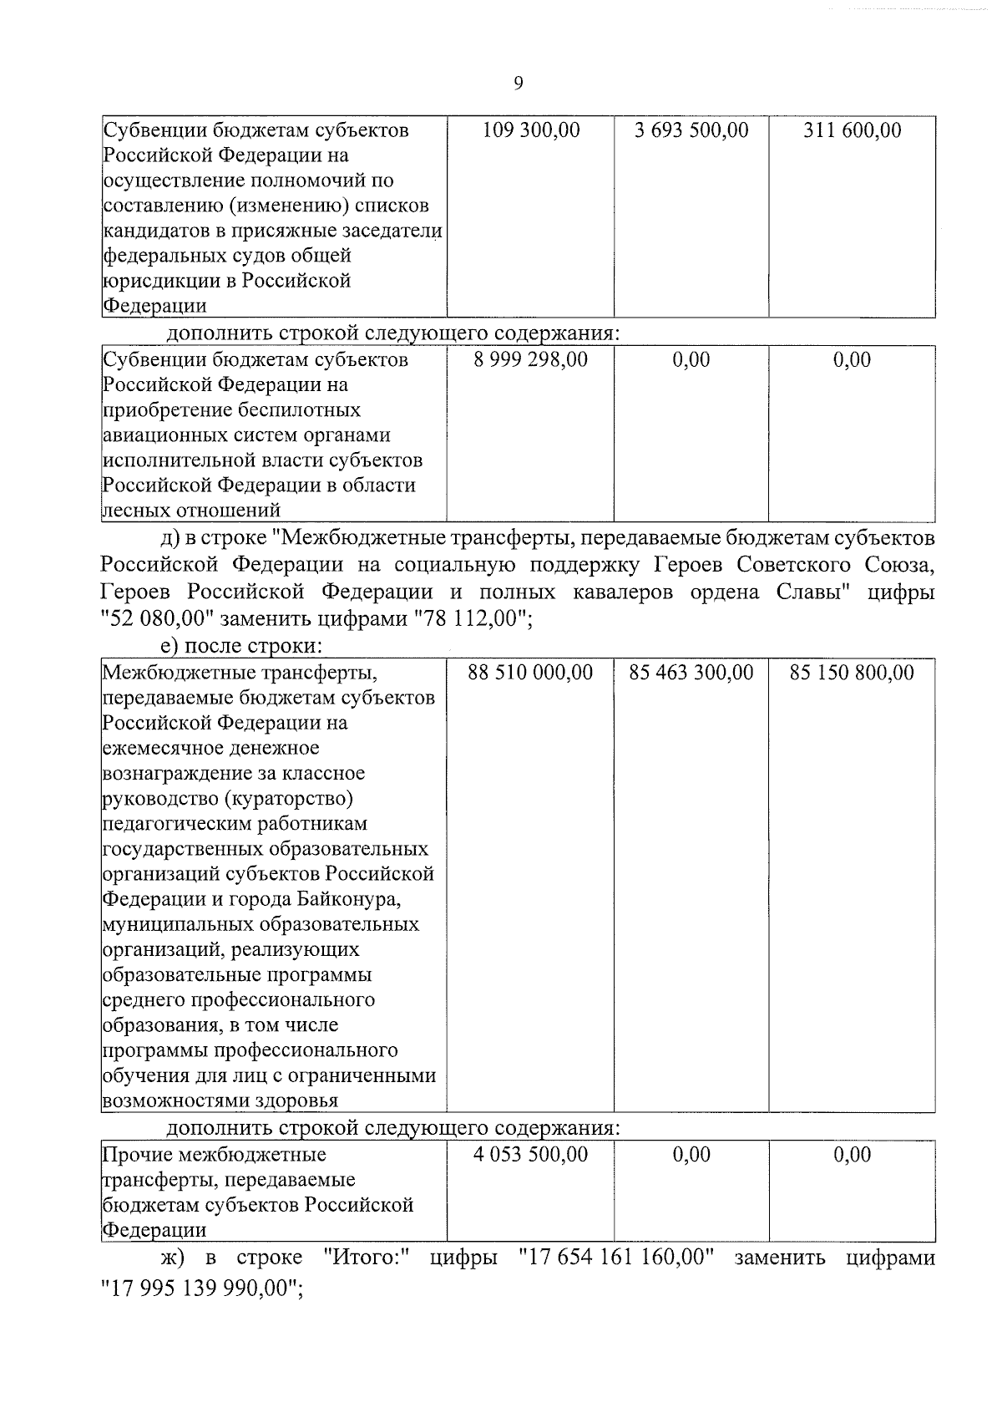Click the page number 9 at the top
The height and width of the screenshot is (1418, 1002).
click(x=518, y=82)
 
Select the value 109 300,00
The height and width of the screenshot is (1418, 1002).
click(x=531, y=130)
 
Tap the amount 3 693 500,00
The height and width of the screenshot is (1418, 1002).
click(x=691, y=130)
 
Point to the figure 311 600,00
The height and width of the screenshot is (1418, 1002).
click(x=852, y=130)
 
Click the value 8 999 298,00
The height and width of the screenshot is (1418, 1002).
click(x=531, y=360)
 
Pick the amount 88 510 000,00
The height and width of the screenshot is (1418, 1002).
click(x=531, y=673)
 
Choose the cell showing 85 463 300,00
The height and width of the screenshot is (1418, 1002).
click(x=691, y=673)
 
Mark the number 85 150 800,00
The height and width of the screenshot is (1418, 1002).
click(x=852, y=673)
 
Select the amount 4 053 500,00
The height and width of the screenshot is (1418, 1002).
click(x=531, y=1155)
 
